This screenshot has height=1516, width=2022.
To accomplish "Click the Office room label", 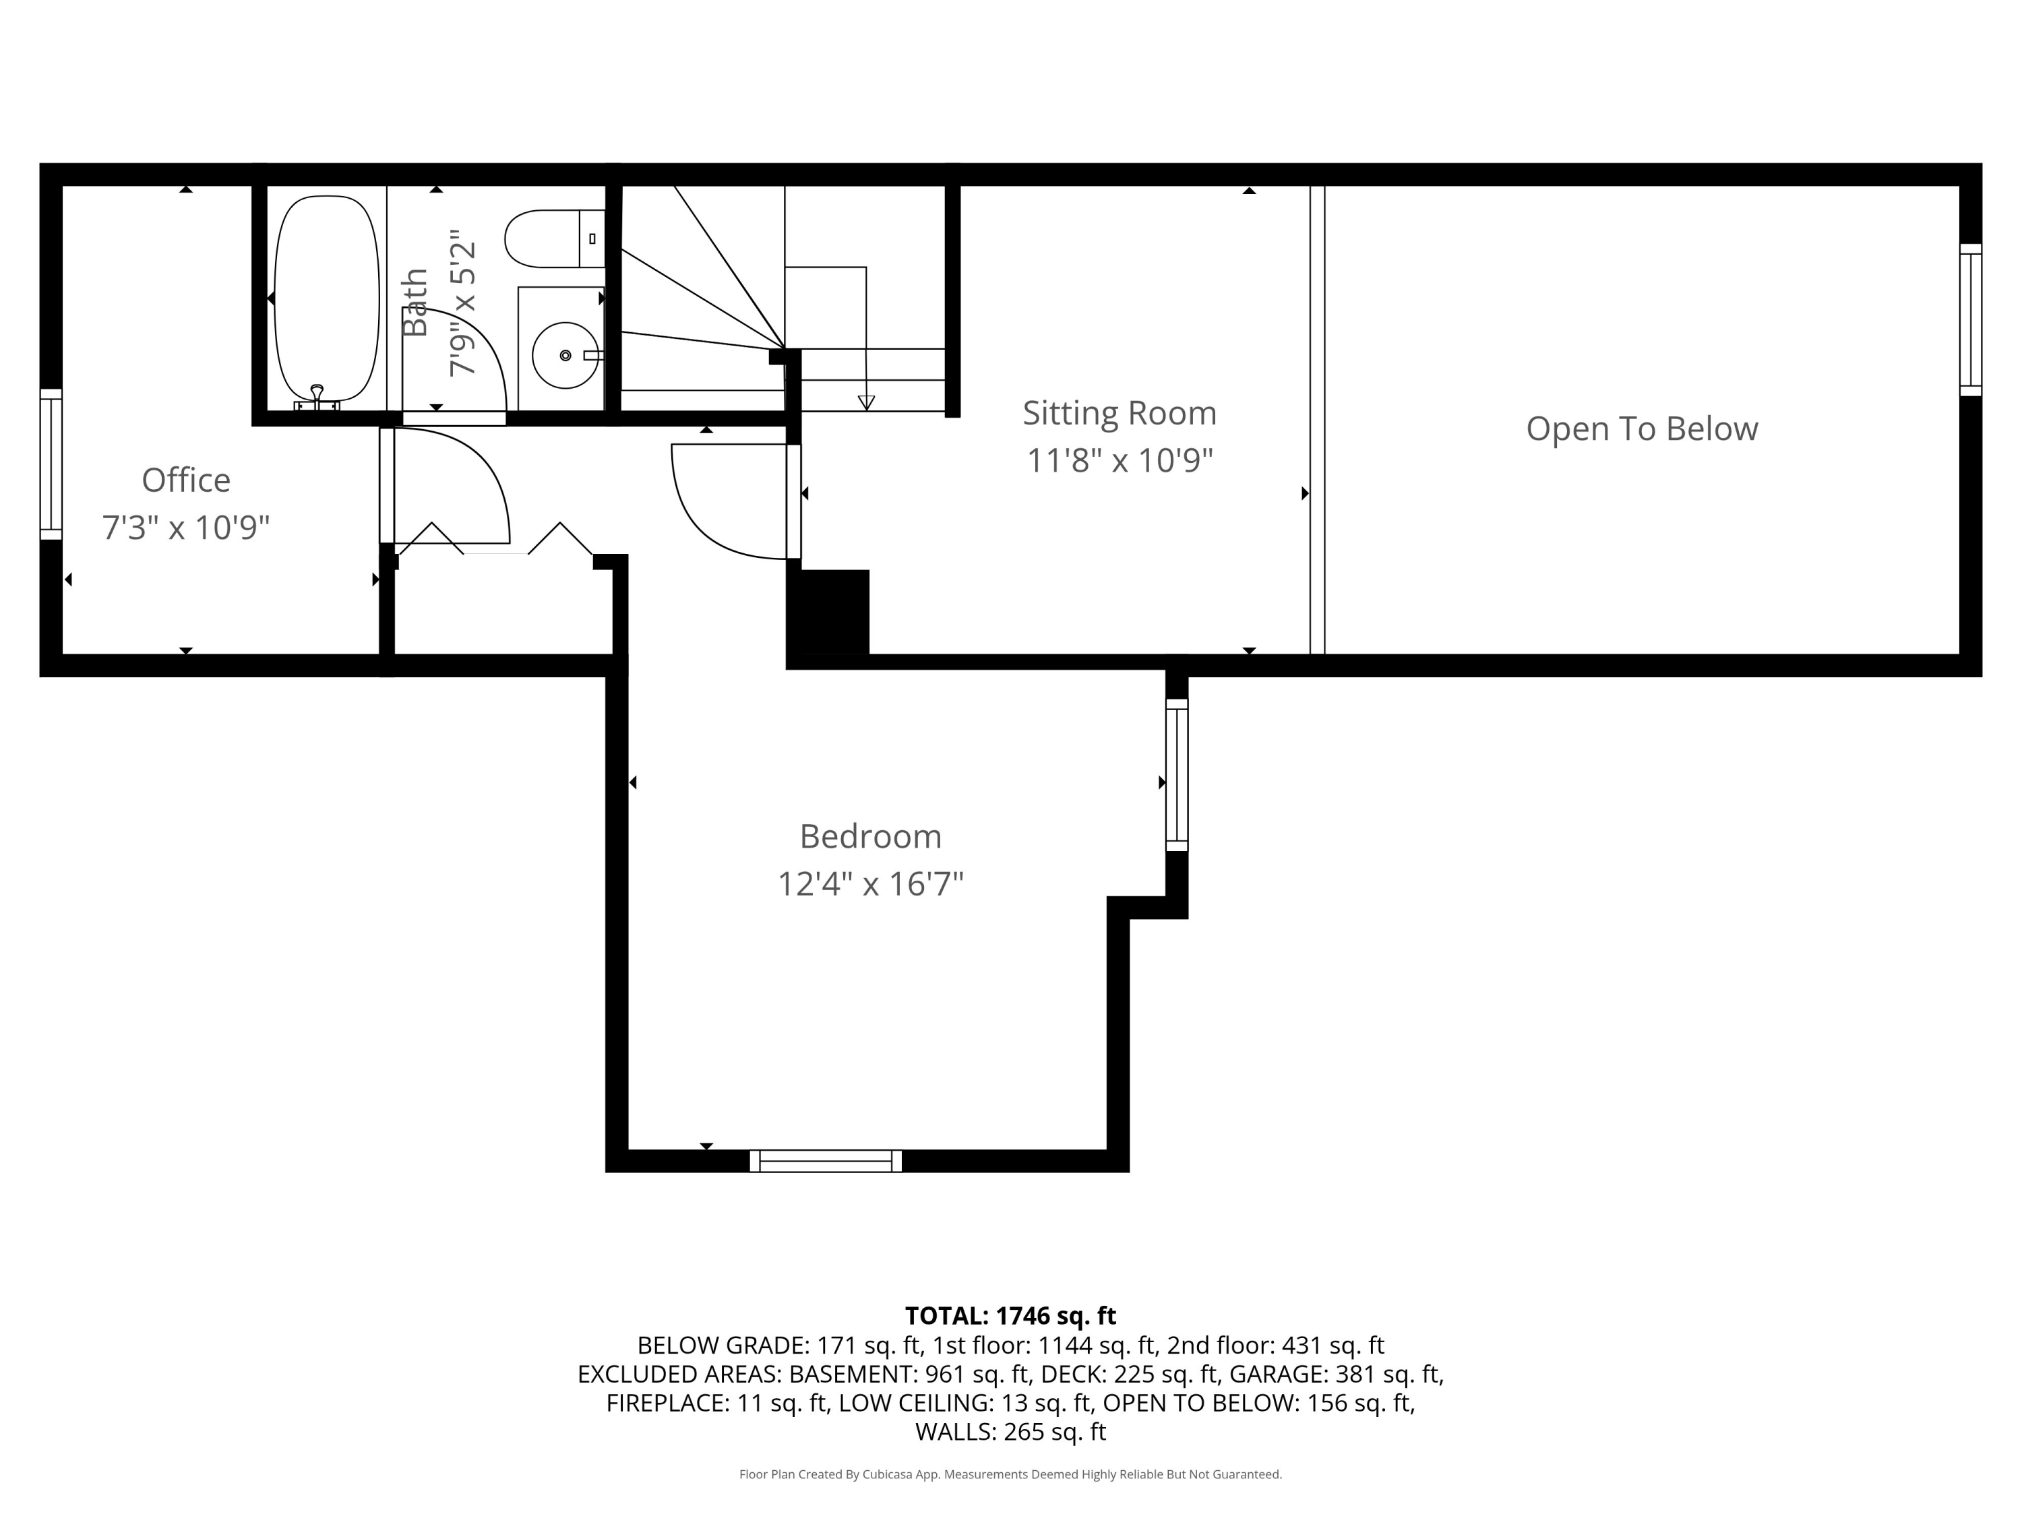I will [x=185, y=480].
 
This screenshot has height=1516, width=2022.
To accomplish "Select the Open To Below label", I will [x=1642, y=429].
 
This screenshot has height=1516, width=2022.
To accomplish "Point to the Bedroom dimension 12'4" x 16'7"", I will [x=870, y=883].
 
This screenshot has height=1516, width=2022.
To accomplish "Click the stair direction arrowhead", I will [x=865, y=402].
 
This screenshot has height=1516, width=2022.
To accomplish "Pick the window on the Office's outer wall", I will [x=51, y=464].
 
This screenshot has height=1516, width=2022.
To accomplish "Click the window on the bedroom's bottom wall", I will [x=826, y=1160].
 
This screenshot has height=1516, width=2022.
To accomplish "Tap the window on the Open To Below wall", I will [x=1970, y=320].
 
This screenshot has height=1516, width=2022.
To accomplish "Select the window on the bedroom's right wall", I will [x=1176, y=775].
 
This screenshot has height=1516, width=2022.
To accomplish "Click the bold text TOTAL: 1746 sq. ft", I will [x=1010, y=1316].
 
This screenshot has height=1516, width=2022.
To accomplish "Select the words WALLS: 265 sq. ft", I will [x=1010, y=1432].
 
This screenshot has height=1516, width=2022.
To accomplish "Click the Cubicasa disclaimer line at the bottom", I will [x=1010, y=1475].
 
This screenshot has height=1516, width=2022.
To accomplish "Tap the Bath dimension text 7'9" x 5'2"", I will [x=462, y=303].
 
